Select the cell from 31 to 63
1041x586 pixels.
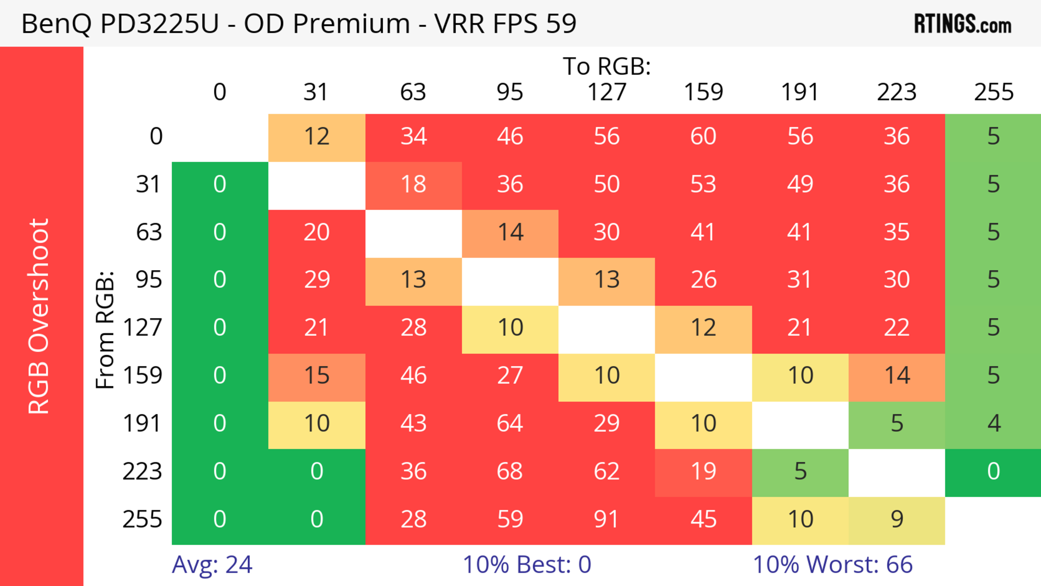pos(413,185)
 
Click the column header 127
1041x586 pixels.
pos(607,92)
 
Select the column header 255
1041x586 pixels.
pos(993,92)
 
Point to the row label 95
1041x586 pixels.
pos(149,280)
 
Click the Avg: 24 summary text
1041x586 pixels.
pos(212,565)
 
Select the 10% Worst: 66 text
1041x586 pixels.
pos(833,565)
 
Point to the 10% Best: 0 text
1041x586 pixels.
pos(526,565)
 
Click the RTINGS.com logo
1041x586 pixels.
pos(963,24)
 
